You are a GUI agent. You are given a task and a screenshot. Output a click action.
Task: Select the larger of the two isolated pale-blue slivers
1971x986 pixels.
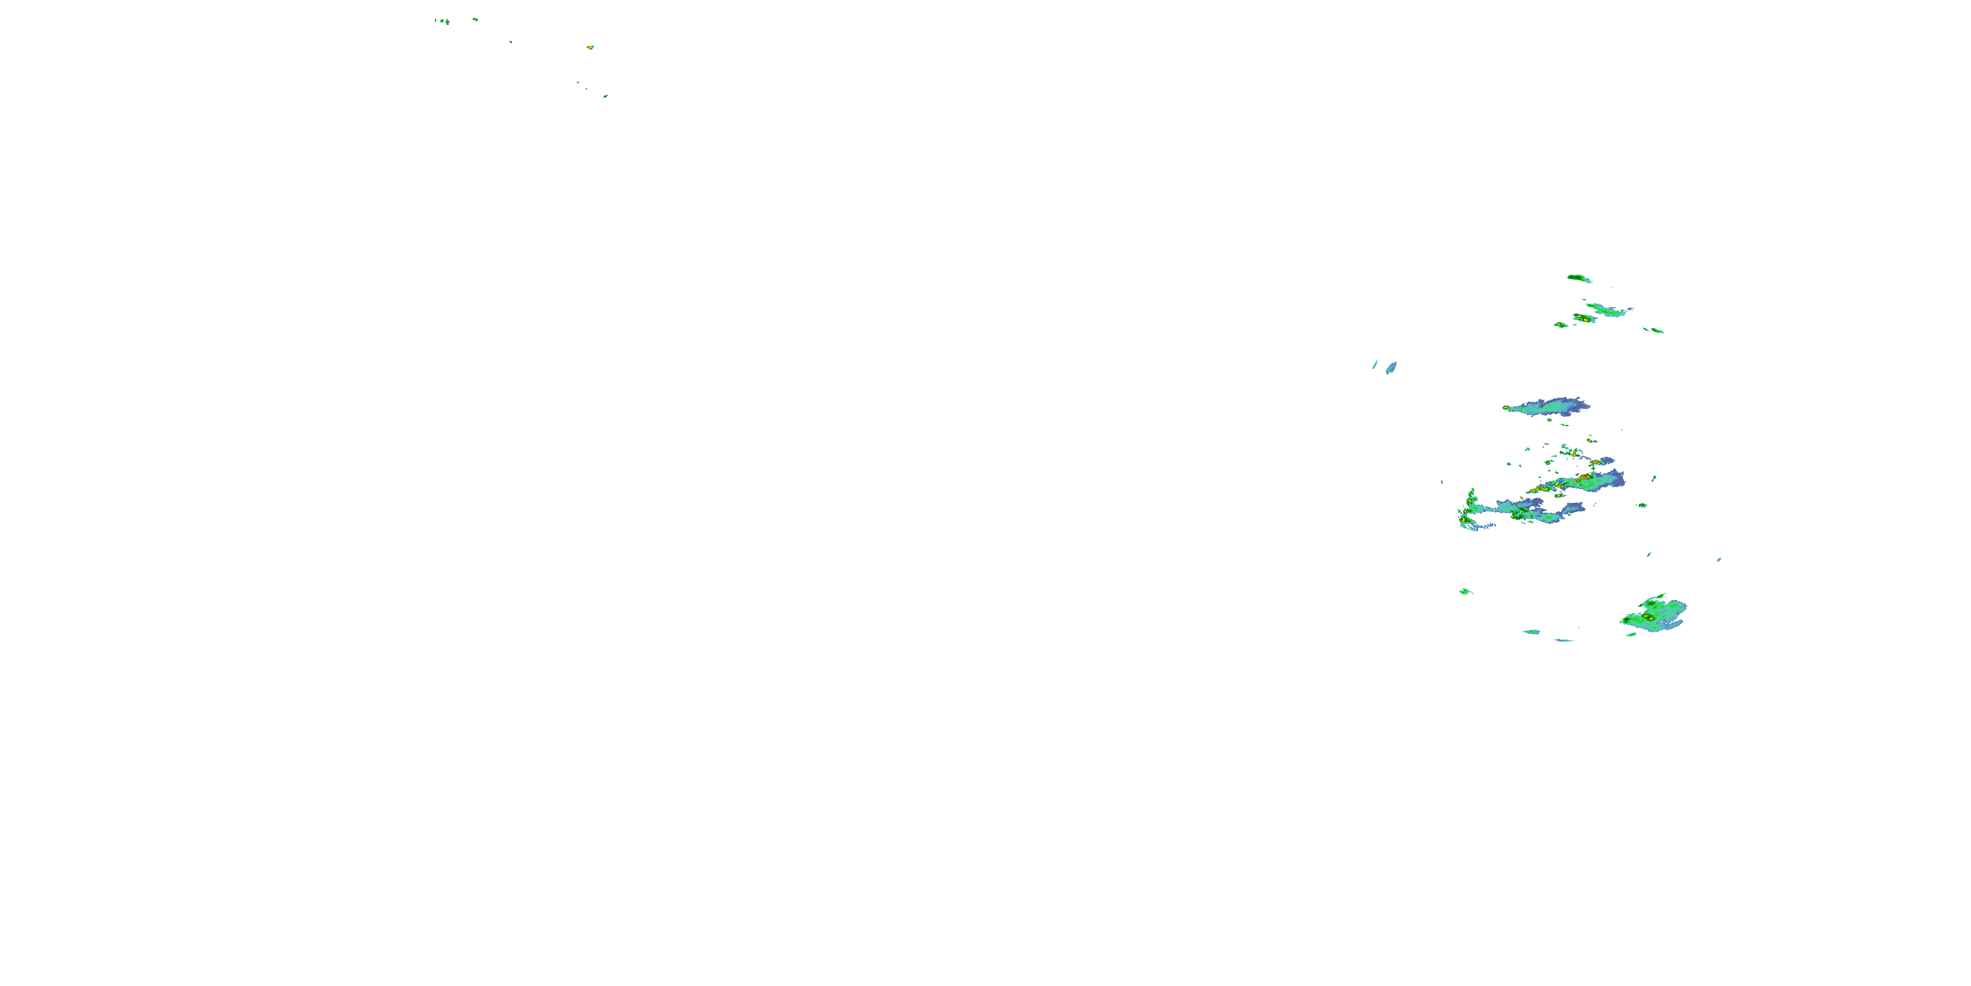pyautogui.click(x=1391, y=367)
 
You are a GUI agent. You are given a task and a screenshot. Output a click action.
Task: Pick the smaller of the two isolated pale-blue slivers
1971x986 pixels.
pyautogui.click(x=1375, y=364)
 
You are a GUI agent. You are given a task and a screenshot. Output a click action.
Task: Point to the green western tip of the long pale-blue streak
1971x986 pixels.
pyautogui.click(x=1507, y=408)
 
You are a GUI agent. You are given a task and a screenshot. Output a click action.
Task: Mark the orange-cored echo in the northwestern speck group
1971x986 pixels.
pyautogui.click(x=590, y=47)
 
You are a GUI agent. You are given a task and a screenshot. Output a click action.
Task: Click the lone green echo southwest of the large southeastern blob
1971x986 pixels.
pyautogui.click(x=1464, y=591)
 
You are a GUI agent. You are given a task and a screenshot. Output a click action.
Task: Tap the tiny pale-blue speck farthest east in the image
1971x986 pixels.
pyautogui.click(x=1719, y=559)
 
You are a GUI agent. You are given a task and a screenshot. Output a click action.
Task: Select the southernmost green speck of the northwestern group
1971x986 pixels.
pyautogui.click(x=605, y=97)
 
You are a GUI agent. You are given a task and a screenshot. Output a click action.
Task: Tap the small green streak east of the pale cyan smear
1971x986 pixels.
pyautogui.click(x=1655, y=331)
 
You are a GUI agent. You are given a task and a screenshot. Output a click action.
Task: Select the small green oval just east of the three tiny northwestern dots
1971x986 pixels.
pyautogui.click(x=474, y=19)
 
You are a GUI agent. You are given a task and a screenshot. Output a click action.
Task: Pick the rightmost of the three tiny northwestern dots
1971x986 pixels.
pyautogui.click(x=447, y=22)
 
